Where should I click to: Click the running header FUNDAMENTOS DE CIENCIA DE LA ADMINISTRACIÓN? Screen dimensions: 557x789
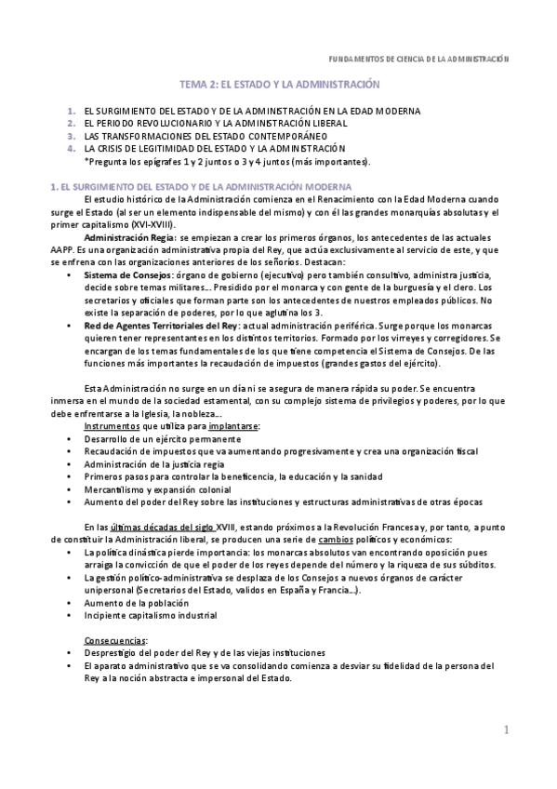coord(420,58)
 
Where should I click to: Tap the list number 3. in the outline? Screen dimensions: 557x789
coord(72,136)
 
